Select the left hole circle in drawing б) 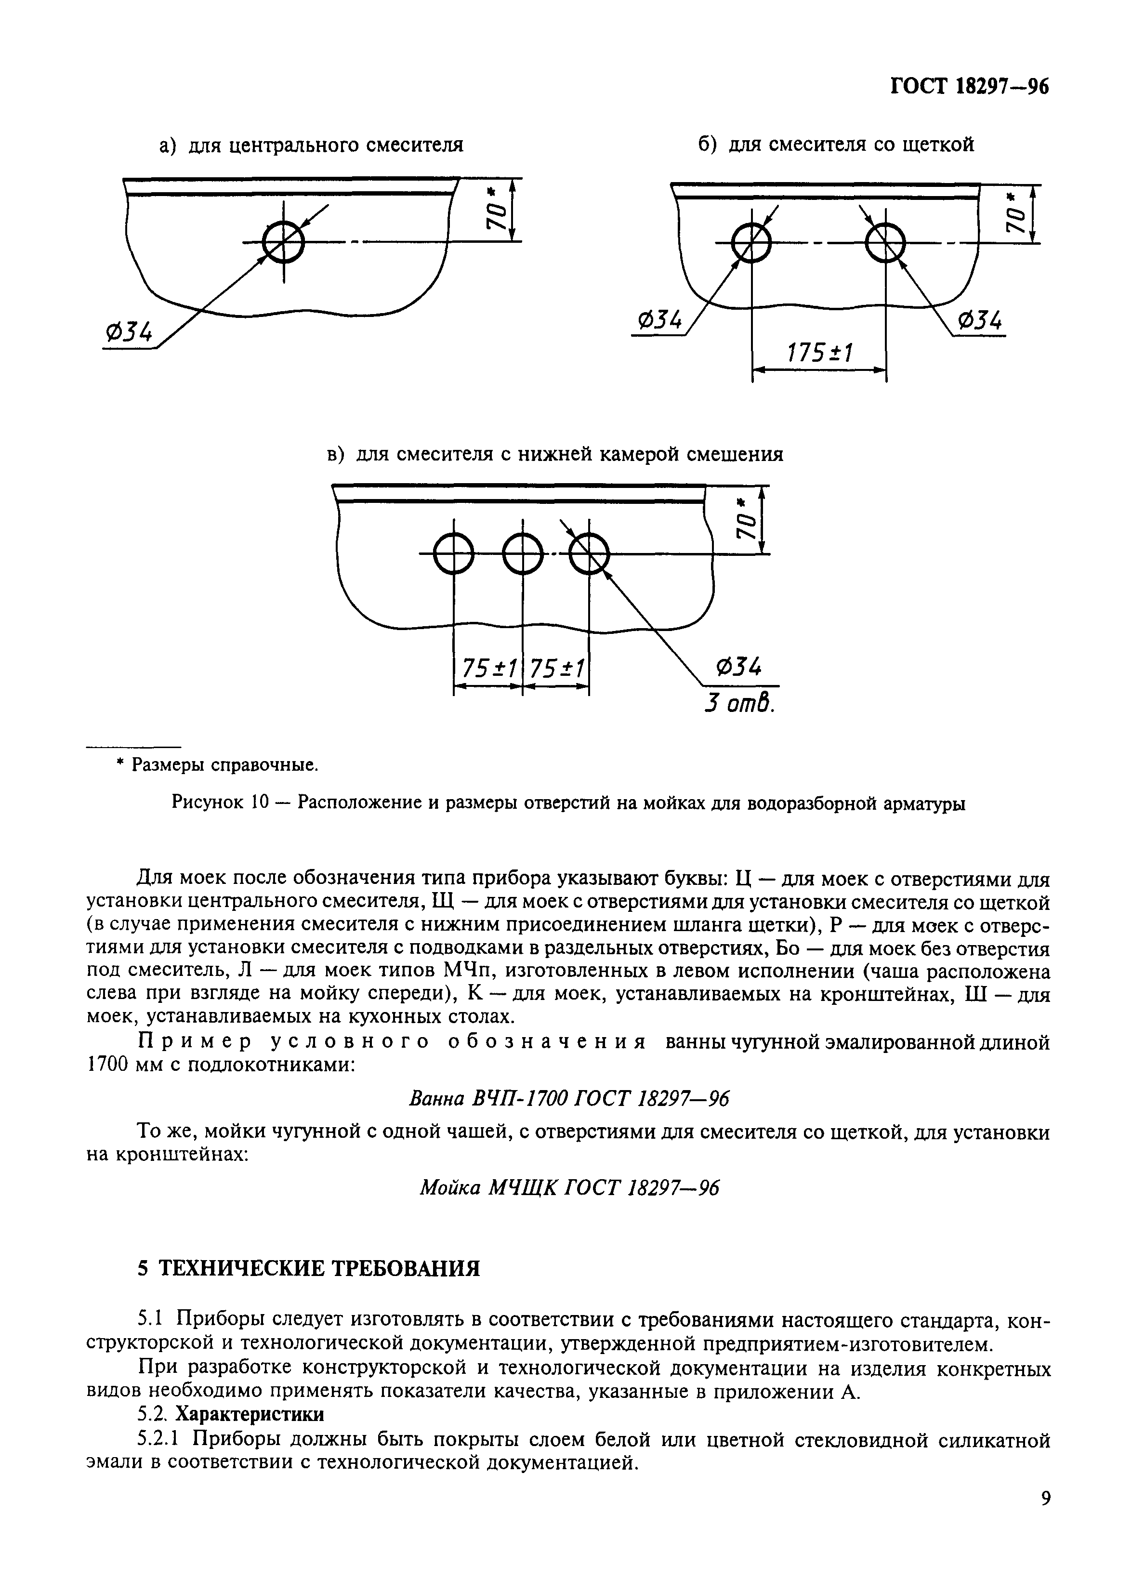pos(751,243)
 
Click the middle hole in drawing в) pos(522,554)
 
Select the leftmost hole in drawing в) pos(454,554)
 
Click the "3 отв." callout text pos(739,703)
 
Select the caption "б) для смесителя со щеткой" pos(835,145)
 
